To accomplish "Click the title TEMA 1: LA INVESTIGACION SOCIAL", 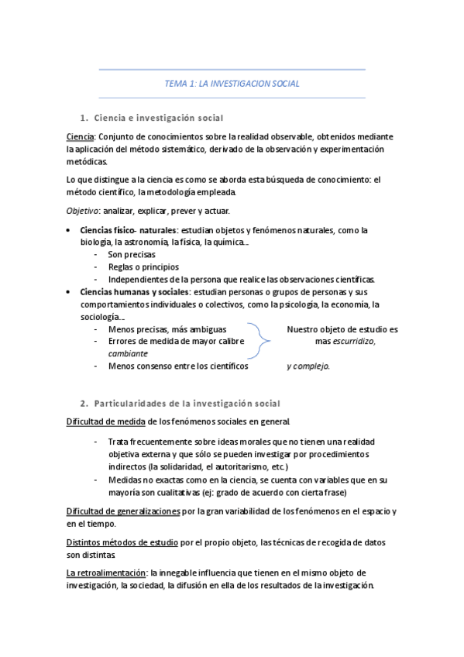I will [232, 83].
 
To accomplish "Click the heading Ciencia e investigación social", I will [158, 118].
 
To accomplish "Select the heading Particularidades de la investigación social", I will [187, 404].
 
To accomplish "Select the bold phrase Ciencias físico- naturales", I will [128, 230].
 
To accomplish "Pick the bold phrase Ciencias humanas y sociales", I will [134, 292].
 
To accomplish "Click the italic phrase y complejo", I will [308, 366].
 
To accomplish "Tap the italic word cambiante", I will [128, 353].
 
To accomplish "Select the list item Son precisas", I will [132, 254].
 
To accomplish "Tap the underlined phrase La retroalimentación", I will [107, 573].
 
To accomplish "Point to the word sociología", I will [99, 316].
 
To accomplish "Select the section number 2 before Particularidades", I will [84, 404].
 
